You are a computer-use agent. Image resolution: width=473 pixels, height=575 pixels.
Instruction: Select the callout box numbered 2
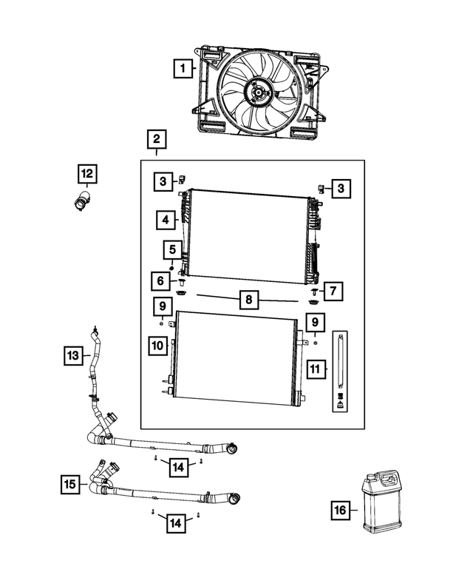pyautogui.click(x=156, y=139)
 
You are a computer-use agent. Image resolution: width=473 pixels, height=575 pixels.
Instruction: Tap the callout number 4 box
pyautogui.click(x=166, y=220)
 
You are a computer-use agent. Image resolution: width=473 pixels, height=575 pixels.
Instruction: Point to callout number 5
pyautogui.click(x=171, y=250)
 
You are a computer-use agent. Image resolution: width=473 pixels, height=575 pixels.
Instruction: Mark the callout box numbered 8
pyautogui.click(x=250, y=300)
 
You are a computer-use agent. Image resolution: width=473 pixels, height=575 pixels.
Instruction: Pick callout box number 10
pyautogui.click(x=160, y=345)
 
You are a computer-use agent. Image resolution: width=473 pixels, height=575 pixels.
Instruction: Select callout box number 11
pyautogui.click(x=316, y=369)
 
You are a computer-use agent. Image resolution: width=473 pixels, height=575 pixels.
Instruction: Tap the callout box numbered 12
pyautogui.click(x=87, y=175)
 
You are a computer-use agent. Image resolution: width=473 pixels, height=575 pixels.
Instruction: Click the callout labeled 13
pyautogui.click(x=72, y=356)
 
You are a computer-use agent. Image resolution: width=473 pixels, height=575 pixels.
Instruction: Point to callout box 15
pyautogui.click(x=69, y=485)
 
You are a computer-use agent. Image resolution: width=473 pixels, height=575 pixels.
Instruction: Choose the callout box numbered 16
pyautogui.click(x=339, y=510)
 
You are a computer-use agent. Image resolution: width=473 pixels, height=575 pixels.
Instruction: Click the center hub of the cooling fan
pyautogui.click(x=257, y=91)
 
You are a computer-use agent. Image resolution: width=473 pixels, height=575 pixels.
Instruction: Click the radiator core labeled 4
pyautogui.click(x=248, y=237)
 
